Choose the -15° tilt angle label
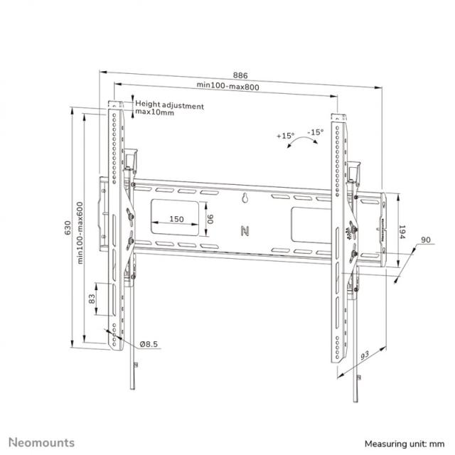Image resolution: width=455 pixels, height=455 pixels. (x=315, y=132)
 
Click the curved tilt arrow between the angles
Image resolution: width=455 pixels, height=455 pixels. (x=301, y=142)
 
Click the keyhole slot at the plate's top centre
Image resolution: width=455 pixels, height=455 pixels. (x=245, y=200)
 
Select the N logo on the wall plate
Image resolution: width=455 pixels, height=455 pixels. (x=246, y=230)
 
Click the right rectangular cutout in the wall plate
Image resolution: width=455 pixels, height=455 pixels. (x=307, y=220)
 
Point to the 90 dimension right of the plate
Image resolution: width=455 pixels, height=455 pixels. (x=425, y=242)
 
